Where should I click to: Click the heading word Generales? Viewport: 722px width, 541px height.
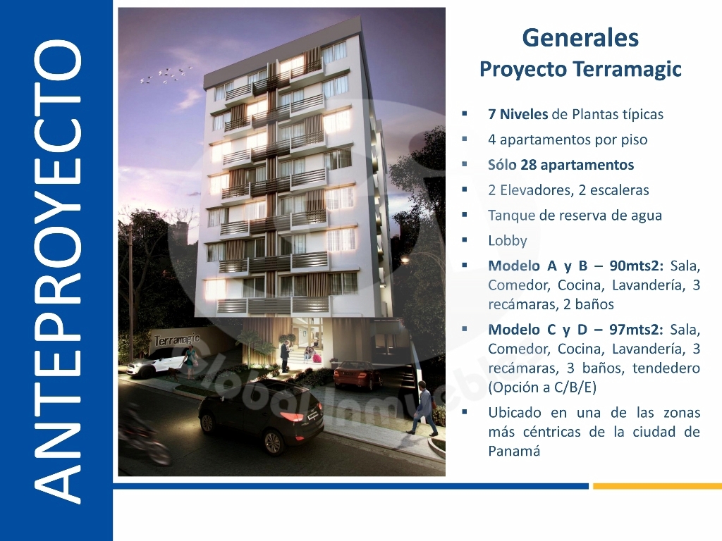[580, 38]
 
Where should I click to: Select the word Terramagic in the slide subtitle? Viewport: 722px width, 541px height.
[627, 70]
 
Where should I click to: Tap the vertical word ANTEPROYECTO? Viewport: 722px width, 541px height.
[57, 271]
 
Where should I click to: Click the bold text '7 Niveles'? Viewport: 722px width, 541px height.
[518, 114]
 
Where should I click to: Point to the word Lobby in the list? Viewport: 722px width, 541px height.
[508, 241]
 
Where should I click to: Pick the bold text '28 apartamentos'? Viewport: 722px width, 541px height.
[577, 165]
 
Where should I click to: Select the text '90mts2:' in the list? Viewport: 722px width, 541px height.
[637, 266]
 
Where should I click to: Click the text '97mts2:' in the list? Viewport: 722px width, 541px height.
[637, 330]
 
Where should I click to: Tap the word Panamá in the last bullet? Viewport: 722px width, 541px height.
[514, 451]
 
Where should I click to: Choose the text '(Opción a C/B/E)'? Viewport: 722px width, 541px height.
[542, 387]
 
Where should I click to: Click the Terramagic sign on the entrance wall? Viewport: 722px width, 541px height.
[177, 340]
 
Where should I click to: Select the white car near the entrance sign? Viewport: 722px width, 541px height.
[157, 361]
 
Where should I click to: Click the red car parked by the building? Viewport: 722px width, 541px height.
[357, 375]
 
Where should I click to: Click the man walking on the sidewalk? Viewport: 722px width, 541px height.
[425, 411]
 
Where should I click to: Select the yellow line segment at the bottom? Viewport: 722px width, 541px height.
[657, 486]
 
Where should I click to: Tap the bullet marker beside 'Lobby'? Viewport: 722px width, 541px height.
[465, 240]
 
